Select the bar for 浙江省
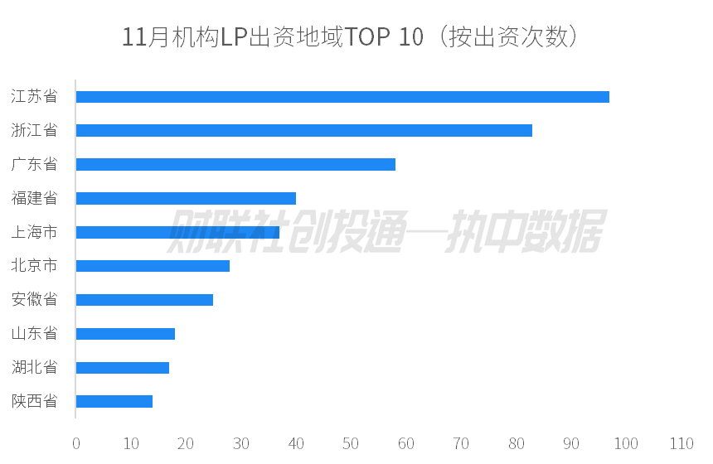[303, 131]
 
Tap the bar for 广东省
[235, 164]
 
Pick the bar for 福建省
[186, 198]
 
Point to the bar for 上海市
[177, 232]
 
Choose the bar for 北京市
[153, 266]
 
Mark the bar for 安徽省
[144, 300]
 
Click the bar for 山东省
[125, 334]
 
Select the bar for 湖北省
[123, 368]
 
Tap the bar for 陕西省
[114, 402]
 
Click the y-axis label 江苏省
[34, 97]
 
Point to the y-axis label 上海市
[34, 232]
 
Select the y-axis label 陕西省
[34, 402]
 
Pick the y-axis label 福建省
[34, 198]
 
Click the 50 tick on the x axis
[351, 443]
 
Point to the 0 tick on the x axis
[76, 443]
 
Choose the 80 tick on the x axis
[516, 443]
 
